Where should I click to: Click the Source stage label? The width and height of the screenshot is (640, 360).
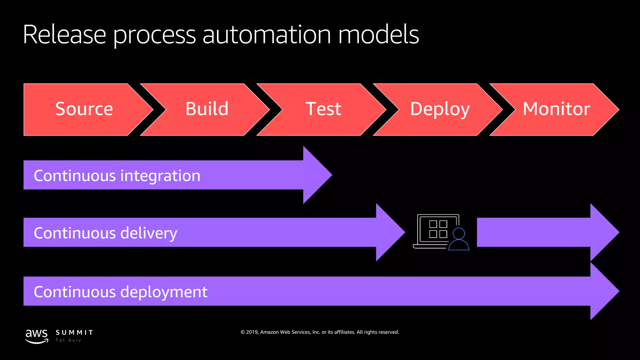click(x=84, y=109)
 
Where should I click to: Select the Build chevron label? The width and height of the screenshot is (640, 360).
click(x=207, y=109)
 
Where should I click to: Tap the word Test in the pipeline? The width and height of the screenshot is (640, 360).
click(x=323, y=109)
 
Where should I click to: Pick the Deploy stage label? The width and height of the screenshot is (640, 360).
click(x=440, y=109)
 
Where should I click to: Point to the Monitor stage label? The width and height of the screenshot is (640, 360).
click(x=556, y=109)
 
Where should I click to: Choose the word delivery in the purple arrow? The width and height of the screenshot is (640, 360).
click(x=149, y=233)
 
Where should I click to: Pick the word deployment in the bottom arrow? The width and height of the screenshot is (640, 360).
click(x=164, y=292)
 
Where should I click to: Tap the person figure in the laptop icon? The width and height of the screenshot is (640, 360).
click(x=458, y=239)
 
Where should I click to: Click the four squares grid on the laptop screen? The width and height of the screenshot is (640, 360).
click(x=438, y=229)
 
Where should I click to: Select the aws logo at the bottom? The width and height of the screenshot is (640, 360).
click(x=37, y=336)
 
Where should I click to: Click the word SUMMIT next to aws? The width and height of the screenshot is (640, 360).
click(x=74, y=332)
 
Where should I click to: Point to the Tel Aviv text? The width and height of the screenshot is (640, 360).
click(x=68, y=340)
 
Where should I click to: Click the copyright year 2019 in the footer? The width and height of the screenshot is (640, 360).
click(x=252, y=332)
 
